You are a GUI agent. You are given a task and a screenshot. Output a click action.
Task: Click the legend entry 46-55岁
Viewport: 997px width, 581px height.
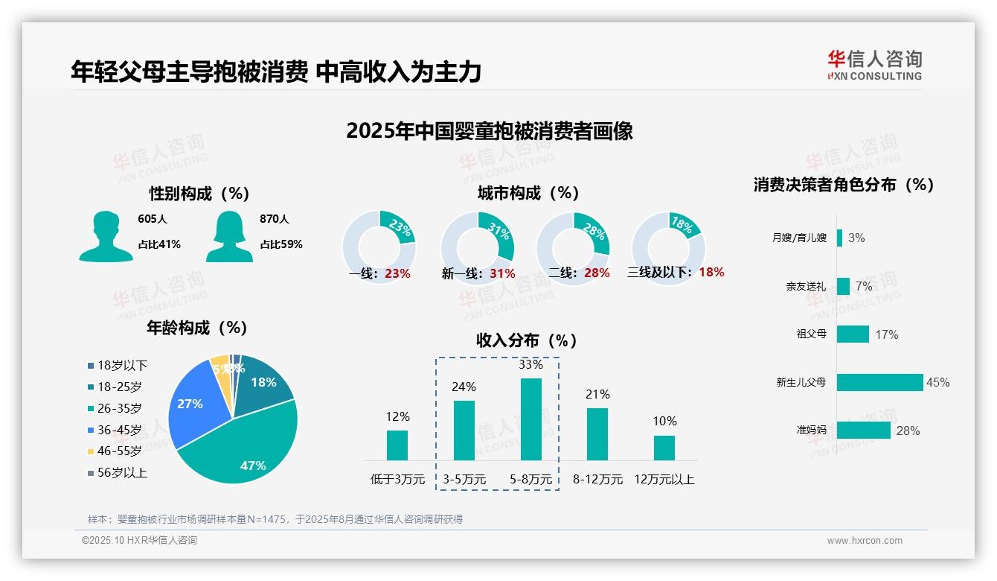pyautogui.click(x=119, y=451)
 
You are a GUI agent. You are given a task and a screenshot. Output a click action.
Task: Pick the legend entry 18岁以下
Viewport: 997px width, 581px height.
pyautogui.click(x=122, y=366)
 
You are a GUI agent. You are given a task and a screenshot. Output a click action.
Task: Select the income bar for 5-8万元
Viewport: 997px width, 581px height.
pyautogui.click(x=530, y=419)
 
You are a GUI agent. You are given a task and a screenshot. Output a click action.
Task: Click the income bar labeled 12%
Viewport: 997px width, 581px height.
pyautogui.click(x=397, y=445)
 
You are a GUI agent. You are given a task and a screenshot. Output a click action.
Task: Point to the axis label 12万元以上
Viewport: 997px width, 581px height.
pyautogui.click(x=664, y=480)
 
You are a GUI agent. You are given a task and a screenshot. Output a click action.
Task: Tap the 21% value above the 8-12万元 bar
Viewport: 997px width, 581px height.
pyautogui.click(x=597, y=395)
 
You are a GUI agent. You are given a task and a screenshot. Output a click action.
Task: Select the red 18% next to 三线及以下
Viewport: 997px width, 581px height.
pyautogui.click(x=711, y=273)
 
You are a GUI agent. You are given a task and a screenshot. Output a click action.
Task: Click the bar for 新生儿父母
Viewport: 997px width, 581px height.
pyautogui.click(x=879, y=382)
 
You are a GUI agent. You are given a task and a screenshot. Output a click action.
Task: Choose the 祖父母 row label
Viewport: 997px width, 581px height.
pyautogui.click(x=811, y=334)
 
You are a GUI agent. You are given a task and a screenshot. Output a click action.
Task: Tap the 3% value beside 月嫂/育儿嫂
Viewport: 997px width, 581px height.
pyautogui.click(x=856, y=238)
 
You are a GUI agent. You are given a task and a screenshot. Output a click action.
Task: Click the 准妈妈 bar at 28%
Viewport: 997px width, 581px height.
pyautogui.click(x=863, y=431)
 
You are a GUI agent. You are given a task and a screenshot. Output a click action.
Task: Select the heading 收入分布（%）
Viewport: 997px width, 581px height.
pyautogui.click(x=527, y=341)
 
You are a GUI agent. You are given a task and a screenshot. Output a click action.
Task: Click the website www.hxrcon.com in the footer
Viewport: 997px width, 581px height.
pyautogui.click(x=864, y=541)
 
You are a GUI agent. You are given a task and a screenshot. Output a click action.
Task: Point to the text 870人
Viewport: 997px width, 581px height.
pyautogui.click(x=275, y=220)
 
